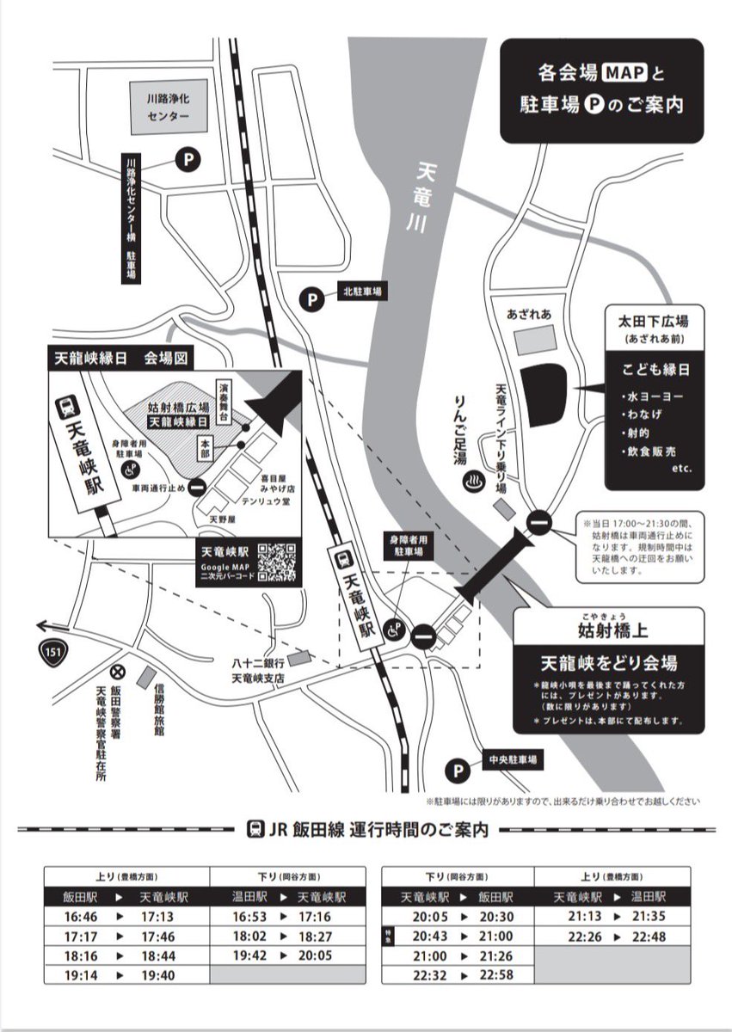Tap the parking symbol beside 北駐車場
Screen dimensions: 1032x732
(x=312, y=298)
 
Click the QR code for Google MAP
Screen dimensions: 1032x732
(x=277, y=561)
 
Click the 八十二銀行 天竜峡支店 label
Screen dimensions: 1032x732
(x=258, y=671)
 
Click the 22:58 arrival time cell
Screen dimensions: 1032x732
(x=497, y=974)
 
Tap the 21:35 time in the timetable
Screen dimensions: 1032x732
(x=649, y=917)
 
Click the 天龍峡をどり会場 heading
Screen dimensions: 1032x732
(x=608, y=663)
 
